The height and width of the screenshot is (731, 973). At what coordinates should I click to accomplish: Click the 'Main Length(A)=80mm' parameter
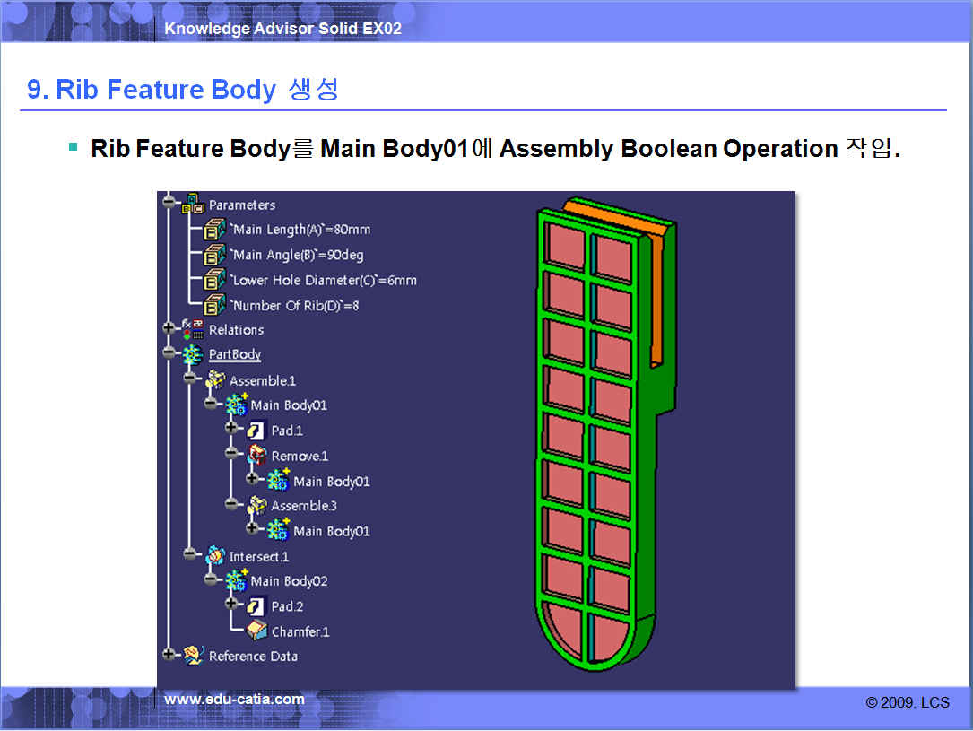(300, 230)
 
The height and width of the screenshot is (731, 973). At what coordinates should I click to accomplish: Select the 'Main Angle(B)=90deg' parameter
(297, 255)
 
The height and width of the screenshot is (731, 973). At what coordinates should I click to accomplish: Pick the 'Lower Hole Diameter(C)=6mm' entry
(324, 281)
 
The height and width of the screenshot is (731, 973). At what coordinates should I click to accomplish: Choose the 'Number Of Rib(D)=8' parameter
(294, 306)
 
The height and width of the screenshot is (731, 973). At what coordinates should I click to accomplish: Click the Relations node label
(236, 330)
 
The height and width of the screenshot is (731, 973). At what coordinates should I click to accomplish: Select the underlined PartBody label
(235, 354)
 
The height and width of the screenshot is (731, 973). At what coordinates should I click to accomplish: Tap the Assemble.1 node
(263, 380)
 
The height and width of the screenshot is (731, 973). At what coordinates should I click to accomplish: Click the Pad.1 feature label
(287, 431)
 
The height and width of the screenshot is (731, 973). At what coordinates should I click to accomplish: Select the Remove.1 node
(300, 457)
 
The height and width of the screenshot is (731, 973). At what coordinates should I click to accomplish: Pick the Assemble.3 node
(303, 506)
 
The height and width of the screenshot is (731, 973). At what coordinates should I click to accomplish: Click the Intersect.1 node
(259, 557)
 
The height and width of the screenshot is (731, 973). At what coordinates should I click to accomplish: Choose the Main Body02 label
(289, 581)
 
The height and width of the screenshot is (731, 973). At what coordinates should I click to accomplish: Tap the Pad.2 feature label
(287, 606)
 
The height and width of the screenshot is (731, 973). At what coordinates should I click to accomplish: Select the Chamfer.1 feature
(300, 631)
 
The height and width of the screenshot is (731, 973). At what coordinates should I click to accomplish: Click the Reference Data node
(253, 657)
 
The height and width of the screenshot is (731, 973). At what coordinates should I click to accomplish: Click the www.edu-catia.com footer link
(234, 700)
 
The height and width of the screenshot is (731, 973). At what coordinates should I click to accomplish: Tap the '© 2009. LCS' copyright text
(908, 702)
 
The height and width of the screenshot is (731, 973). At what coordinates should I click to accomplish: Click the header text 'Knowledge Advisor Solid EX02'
(282, 29)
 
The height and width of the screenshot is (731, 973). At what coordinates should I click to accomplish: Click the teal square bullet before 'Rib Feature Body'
(74, 147)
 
